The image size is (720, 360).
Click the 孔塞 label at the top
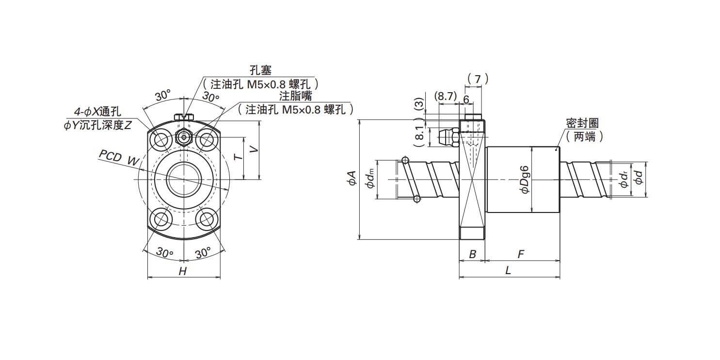click(260, 70)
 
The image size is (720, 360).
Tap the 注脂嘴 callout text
click(295, 96)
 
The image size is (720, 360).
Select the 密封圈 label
click(582, 124)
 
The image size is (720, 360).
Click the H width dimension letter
click(183, 271)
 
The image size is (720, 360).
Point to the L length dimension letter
click(508, 270)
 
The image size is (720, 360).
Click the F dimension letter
click(521, 254)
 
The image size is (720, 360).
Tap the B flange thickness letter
click(472, 254)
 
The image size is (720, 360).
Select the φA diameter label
click(352, 178)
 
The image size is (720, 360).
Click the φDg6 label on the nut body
click(525, 180)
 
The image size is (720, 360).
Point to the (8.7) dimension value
click(445, 96)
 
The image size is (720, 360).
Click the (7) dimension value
click(478, 79)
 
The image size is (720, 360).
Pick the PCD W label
click(119, 158)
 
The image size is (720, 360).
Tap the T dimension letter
click(238, 157)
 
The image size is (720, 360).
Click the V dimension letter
click(254, 149)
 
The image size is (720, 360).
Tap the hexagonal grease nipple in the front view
click(184, 138)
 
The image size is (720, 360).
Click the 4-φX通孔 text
click(98, 112)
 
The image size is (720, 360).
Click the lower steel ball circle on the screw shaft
click(417, 199)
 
